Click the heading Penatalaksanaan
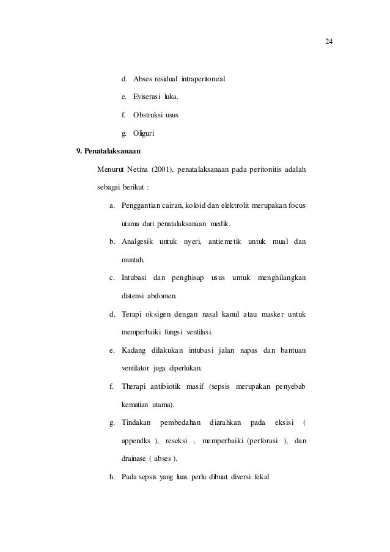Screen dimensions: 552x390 coord(111,150)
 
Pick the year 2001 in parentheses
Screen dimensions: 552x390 coord(162,169)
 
